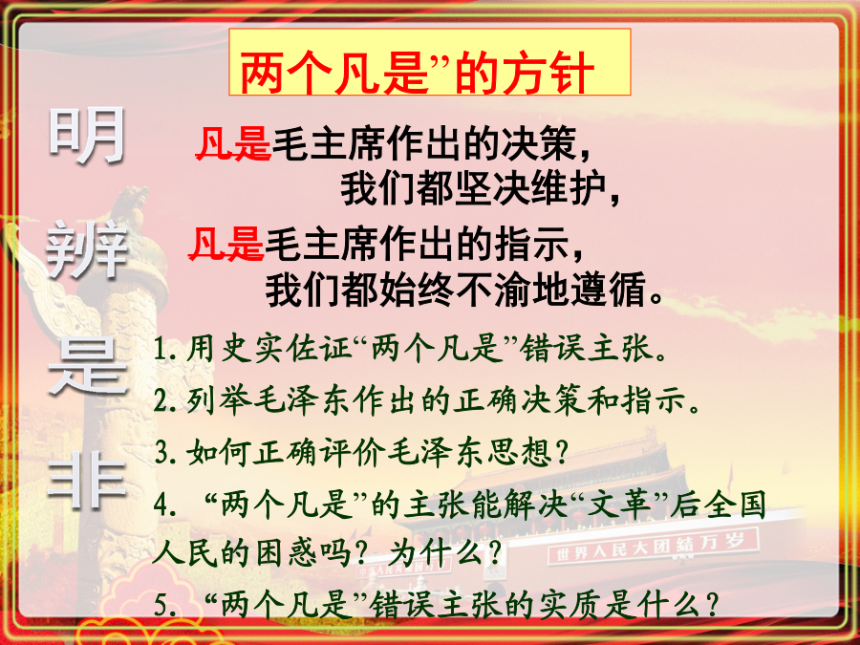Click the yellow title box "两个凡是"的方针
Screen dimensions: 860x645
coord(429,62)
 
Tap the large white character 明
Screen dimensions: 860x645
coord(87,136)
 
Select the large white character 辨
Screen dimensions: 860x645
coord(87,249)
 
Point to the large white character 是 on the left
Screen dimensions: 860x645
coord(88,366)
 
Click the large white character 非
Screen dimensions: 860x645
coord(87,483)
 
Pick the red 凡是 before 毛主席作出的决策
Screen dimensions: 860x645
coord(234,143)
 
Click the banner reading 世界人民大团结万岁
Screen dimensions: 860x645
coord(652,547)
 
